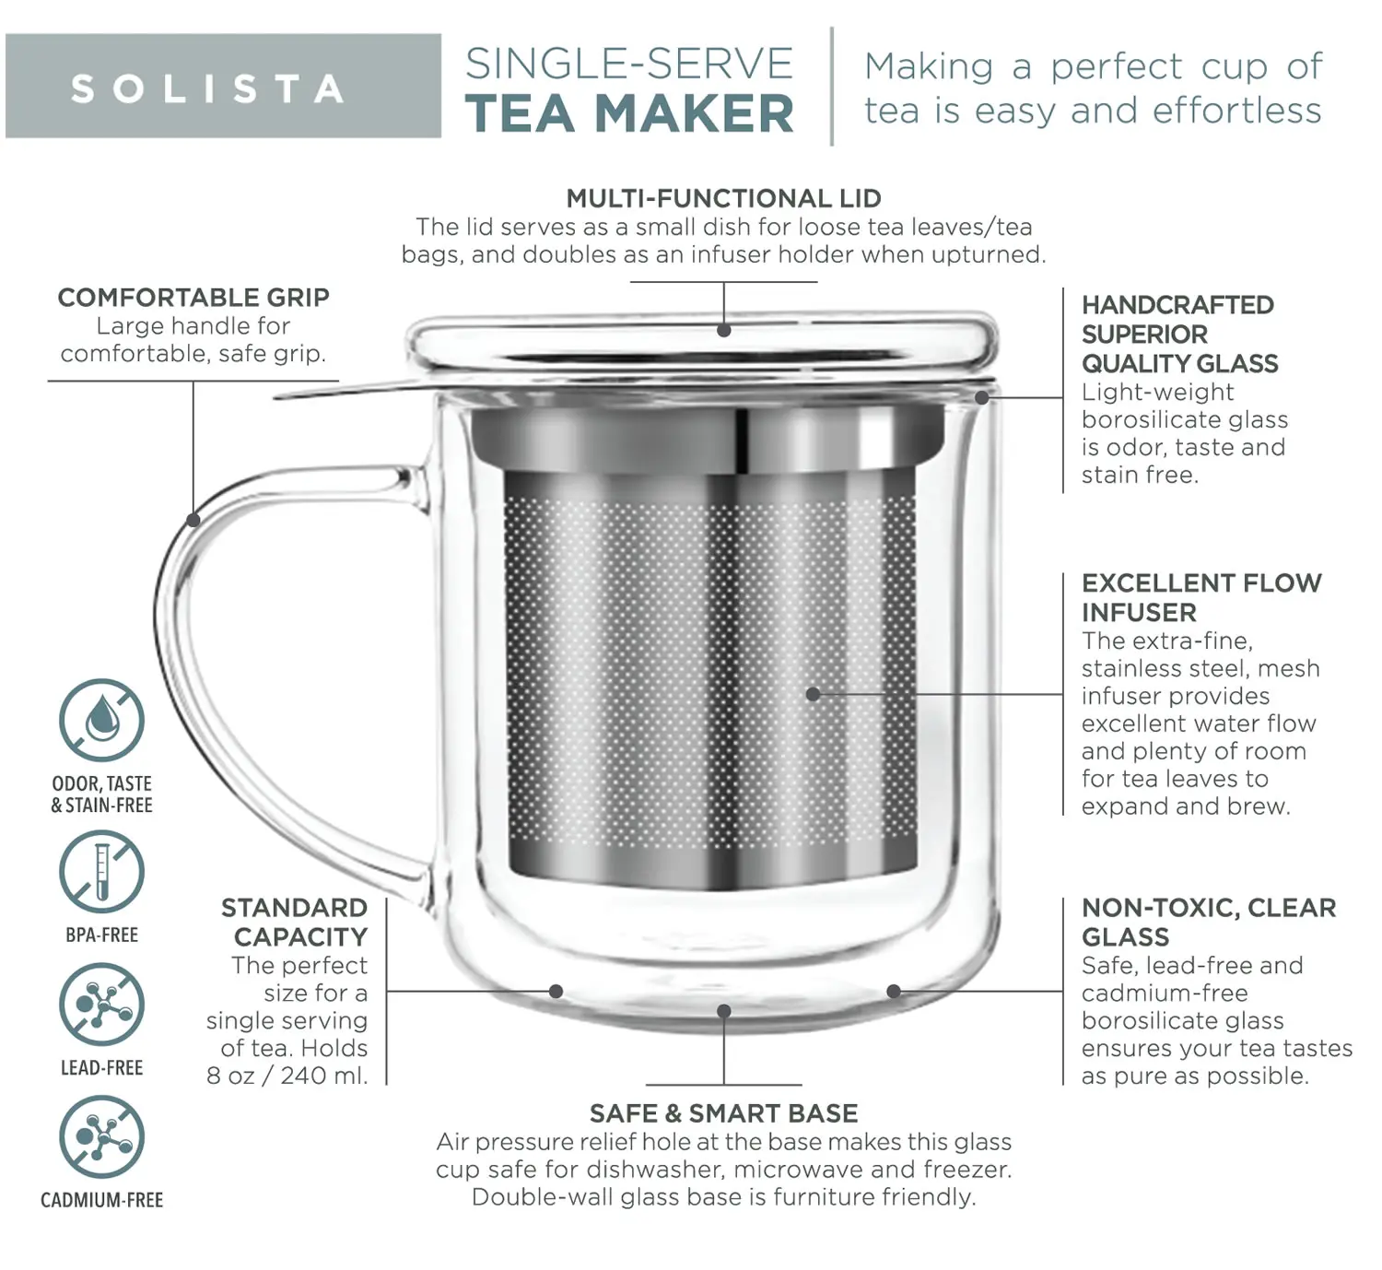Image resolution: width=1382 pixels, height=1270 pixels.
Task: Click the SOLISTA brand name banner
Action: pos(223,87)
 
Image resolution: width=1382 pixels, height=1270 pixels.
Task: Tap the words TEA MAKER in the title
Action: pos(629,113)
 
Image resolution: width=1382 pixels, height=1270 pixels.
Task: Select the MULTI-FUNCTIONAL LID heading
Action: pos(723,198)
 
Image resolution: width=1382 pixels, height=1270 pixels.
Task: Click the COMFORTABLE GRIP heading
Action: pos(193,298)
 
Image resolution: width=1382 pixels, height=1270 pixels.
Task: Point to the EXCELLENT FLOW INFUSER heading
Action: pos(1201,597)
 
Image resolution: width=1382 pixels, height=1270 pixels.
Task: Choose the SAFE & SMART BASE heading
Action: pos(723,1113)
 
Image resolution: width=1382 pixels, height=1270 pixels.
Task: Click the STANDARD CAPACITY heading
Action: pos(294,922)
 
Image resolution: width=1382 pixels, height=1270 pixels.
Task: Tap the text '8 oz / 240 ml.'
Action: pos(287,1076)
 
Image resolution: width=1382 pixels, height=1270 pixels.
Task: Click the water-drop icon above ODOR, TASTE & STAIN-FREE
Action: pos(102,721)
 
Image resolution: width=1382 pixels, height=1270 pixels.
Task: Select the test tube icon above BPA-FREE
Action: pos(102,872)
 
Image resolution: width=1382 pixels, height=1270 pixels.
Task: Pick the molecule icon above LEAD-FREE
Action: pos(102,1005)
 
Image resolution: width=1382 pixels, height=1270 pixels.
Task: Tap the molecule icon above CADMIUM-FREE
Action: pos(102,1137)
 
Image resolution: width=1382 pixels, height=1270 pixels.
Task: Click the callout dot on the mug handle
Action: pos(193,520)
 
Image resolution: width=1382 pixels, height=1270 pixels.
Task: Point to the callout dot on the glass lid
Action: pos(723,330)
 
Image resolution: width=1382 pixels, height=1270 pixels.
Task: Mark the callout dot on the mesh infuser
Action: pos(813,694)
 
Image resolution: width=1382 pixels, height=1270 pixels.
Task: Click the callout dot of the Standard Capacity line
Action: pos(556,992)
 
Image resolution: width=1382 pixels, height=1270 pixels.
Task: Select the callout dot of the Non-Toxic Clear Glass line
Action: pos(894,992)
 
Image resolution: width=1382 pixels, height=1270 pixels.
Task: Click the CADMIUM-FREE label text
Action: pos(102,1200)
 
